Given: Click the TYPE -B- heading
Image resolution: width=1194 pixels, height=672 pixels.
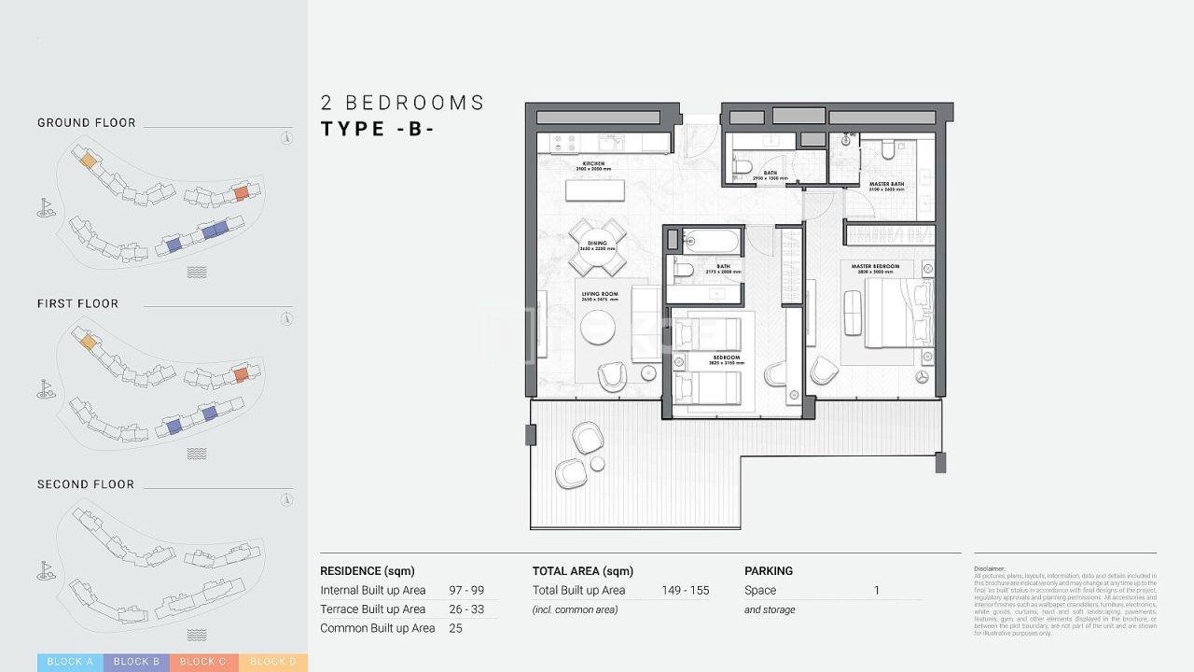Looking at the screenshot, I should click(x=377, y=129).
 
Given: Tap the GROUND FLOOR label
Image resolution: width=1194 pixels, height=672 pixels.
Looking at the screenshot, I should click(x=86, y=122).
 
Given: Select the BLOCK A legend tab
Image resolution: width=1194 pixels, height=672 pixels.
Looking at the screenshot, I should click(x=70, y=662).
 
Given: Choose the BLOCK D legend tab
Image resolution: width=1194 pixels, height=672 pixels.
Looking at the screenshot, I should click(x=272, y=662).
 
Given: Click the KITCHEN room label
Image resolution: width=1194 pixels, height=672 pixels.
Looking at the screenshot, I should click(x=593, y=165).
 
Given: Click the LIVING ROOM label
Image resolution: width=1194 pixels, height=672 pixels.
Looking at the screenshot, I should click(x=600, y=295).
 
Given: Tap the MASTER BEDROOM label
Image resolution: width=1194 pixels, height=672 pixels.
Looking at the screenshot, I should click(x=875, y=267).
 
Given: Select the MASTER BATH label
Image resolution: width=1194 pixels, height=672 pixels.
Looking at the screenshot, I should click(x=886, y=185).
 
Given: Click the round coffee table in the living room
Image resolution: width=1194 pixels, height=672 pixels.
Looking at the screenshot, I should click(x=598, y=327).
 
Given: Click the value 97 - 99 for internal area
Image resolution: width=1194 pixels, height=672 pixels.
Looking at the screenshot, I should click(x=466, y=590).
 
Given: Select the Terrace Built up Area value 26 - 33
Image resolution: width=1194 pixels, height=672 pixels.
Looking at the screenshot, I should click(x=466, y=609).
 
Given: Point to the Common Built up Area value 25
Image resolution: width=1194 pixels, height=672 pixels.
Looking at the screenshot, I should click(x=455, y=628).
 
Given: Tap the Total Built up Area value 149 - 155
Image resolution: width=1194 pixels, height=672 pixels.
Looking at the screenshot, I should click(x=685, y=590).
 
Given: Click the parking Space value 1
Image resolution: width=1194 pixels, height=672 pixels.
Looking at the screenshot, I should click(x=877, y=590).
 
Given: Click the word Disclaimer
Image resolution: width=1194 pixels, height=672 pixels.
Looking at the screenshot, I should click(x=990, y=568).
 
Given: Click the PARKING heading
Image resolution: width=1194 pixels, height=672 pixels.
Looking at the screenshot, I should click(x=768, y=570).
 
